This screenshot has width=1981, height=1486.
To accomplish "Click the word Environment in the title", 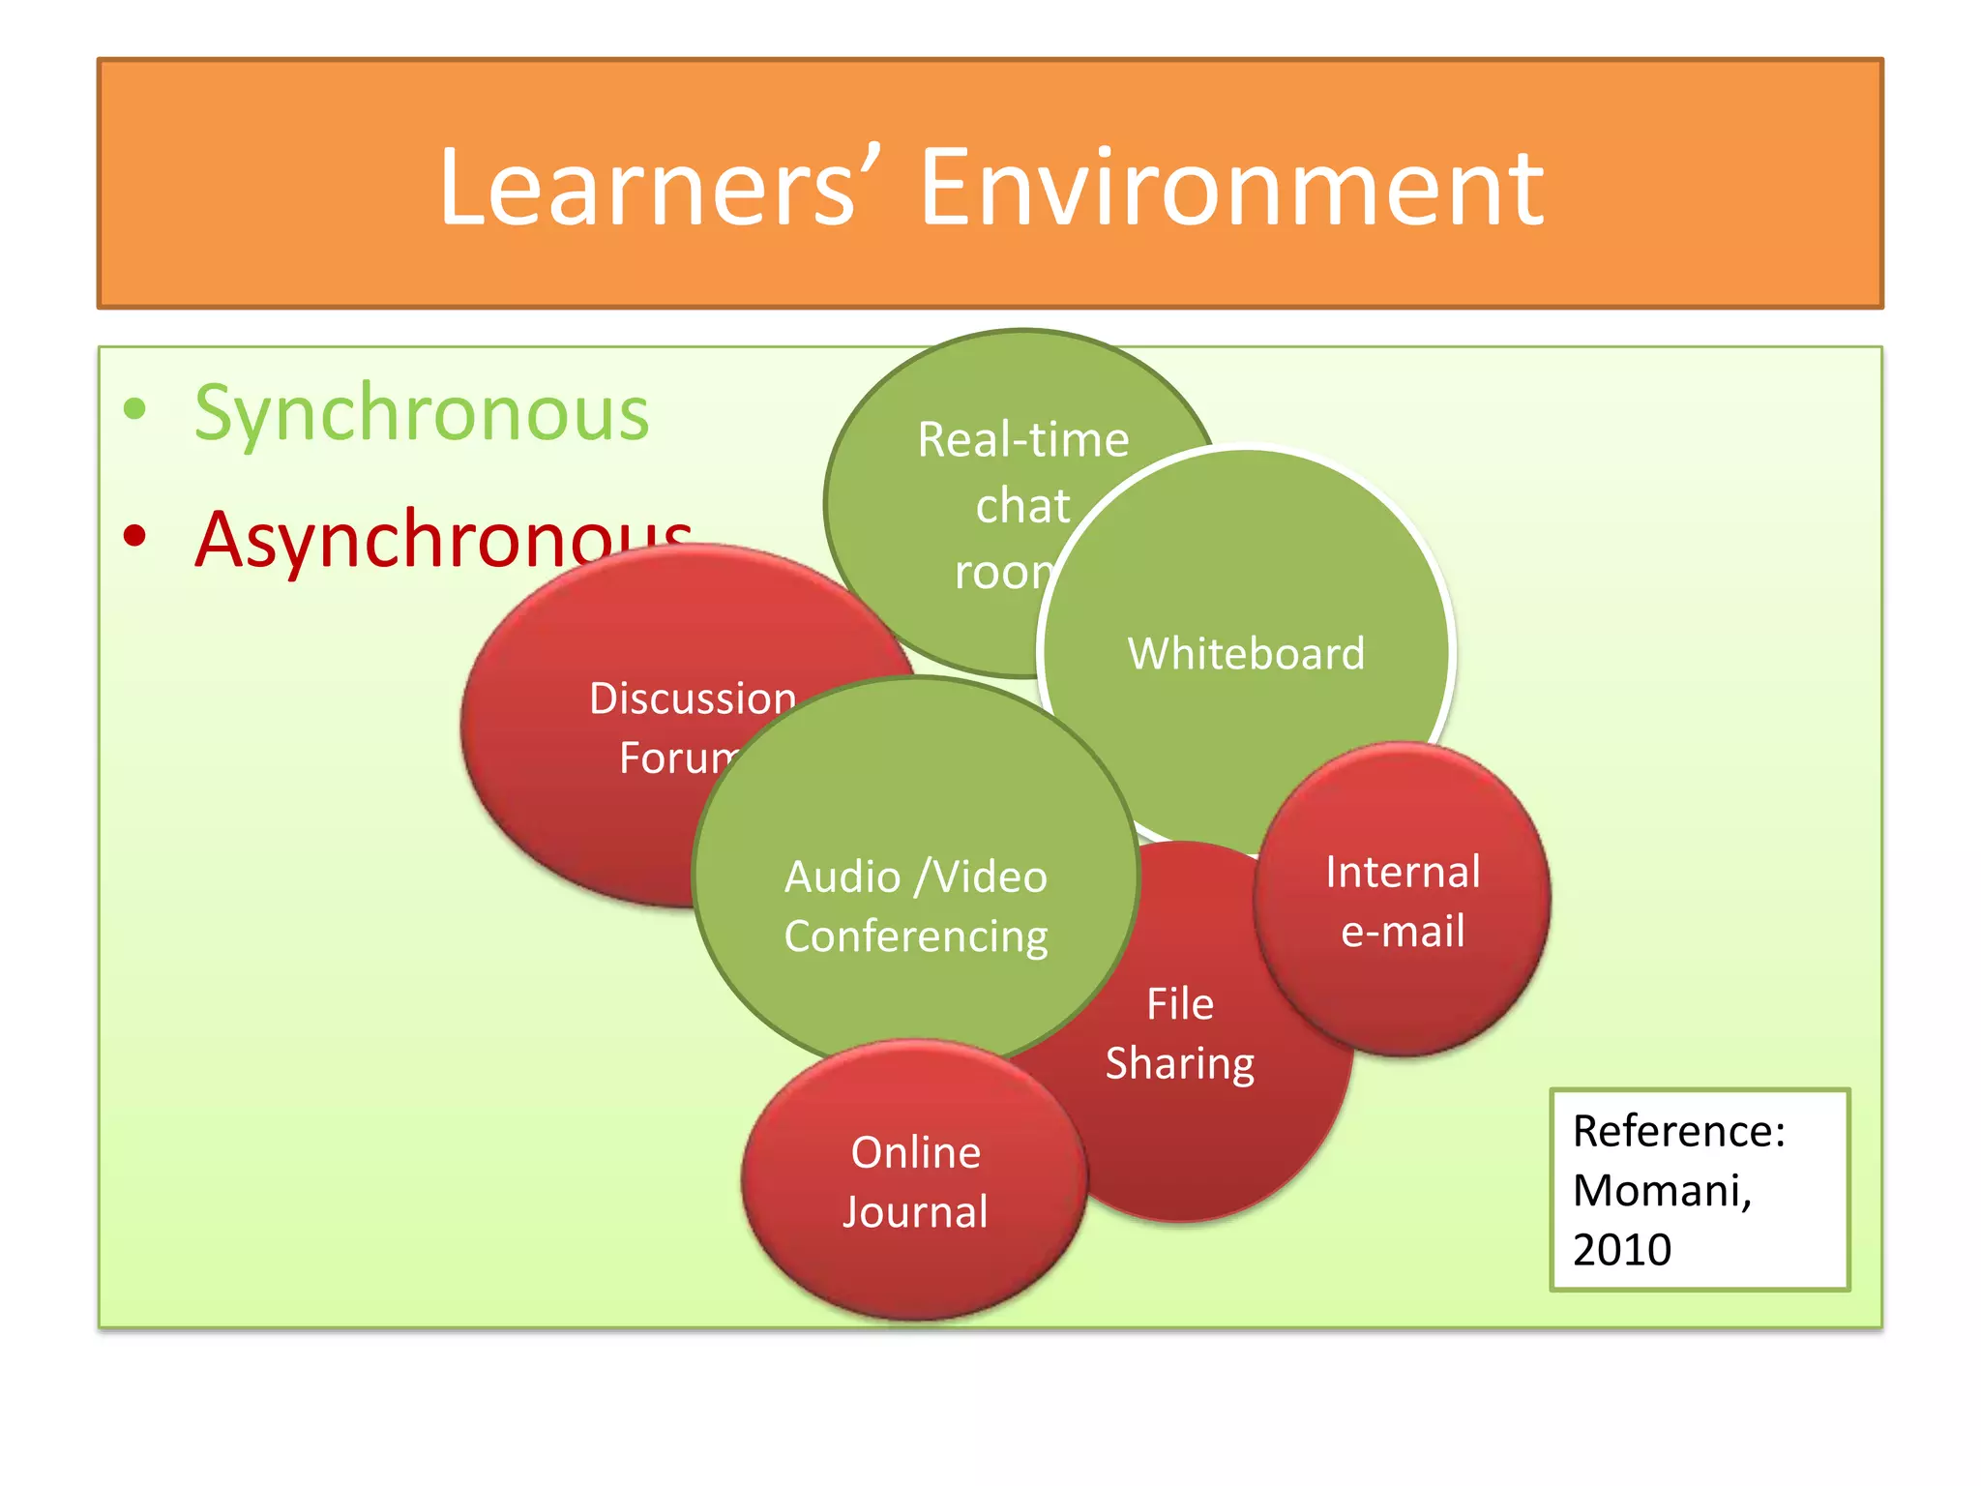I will coord(1230,188).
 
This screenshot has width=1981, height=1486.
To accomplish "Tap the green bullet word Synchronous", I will coord(422,414).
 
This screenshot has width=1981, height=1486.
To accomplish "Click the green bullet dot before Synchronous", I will coord(134,409).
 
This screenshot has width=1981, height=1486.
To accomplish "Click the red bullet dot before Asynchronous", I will coord(134,535).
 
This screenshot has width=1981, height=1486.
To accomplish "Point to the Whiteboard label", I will coord(1246,654).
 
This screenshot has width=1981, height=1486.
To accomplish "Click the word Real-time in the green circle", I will coord(1023,440).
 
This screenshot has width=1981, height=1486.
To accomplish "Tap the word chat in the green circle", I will coord(1022,506).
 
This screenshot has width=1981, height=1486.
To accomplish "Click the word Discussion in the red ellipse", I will coord(693,698).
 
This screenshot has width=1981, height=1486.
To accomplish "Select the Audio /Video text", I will coord(915,877).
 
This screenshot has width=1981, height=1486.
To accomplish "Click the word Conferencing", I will coord(915,936).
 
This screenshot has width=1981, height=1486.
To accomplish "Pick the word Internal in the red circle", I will coord(1403,873).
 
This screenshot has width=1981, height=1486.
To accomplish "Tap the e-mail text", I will coord(1403,932).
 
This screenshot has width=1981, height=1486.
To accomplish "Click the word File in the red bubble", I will coord(1180,1004).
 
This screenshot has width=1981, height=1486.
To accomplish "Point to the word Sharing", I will coord(1180,1064).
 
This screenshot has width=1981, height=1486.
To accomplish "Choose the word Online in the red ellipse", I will coord(915,1153).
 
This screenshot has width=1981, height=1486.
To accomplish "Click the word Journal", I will coord(915,1212).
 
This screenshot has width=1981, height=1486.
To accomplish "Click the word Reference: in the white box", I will coord(1678,1132).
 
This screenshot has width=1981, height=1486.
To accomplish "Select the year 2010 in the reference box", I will coord(1622,1250).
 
